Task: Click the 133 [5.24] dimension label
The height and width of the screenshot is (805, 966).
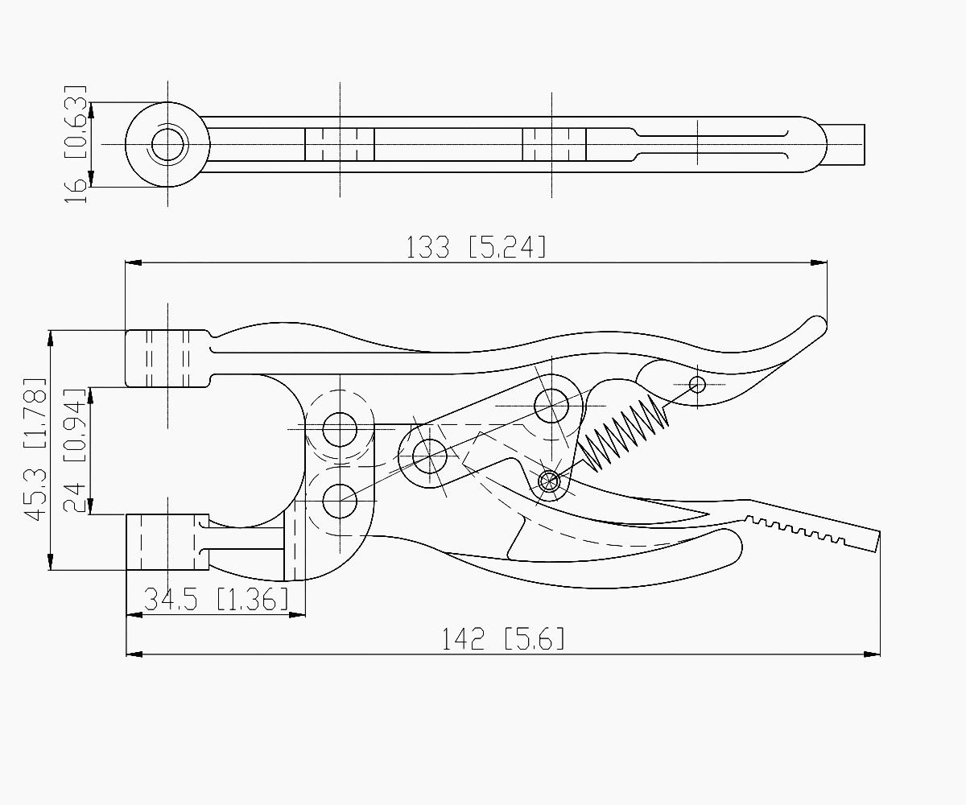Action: coord(476,247)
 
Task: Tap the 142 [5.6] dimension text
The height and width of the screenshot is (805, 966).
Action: coord(503,639)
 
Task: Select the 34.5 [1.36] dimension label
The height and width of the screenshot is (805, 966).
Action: coord(216,599)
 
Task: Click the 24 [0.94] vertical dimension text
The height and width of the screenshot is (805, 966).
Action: coord(74,451)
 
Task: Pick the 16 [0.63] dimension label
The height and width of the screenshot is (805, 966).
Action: coord(75,144)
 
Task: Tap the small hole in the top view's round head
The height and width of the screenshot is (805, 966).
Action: coord(167,144)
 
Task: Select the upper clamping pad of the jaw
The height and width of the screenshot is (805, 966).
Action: coord(167,358)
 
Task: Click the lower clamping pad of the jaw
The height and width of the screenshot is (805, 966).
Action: coord(167,542)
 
